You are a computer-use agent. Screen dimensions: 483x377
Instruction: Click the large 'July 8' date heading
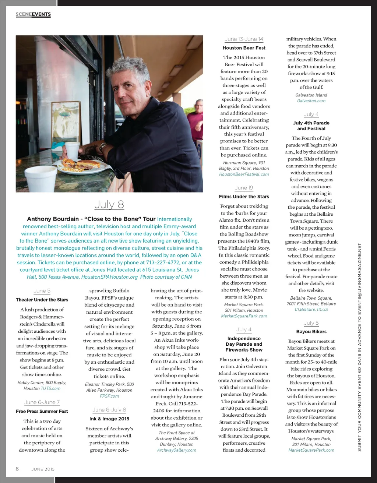109,204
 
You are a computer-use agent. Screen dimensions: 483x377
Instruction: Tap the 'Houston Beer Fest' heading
244,48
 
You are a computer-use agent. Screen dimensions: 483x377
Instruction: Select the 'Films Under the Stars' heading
244,197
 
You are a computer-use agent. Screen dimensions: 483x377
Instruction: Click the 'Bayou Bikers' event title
311,332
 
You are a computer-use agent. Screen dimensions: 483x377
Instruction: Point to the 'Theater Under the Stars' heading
42,300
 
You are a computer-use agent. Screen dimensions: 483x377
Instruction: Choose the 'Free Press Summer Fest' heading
42,411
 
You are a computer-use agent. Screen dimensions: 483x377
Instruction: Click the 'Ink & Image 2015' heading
109,419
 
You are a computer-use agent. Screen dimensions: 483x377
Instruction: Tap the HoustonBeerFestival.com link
244,174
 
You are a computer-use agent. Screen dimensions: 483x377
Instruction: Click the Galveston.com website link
311,101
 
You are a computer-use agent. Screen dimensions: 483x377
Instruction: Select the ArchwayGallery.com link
176,450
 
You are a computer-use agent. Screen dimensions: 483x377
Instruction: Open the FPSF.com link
109,396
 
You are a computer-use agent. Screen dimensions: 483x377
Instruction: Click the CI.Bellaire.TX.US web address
311,310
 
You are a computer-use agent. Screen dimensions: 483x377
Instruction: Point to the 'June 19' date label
244,188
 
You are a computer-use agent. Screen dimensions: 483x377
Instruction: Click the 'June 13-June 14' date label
244,39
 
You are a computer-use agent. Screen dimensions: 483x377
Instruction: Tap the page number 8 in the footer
17,469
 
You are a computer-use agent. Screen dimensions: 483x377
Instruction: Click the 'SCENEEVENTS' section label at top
33,14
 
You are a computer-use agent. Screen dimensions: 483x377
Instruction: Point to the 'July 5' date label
311,323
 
